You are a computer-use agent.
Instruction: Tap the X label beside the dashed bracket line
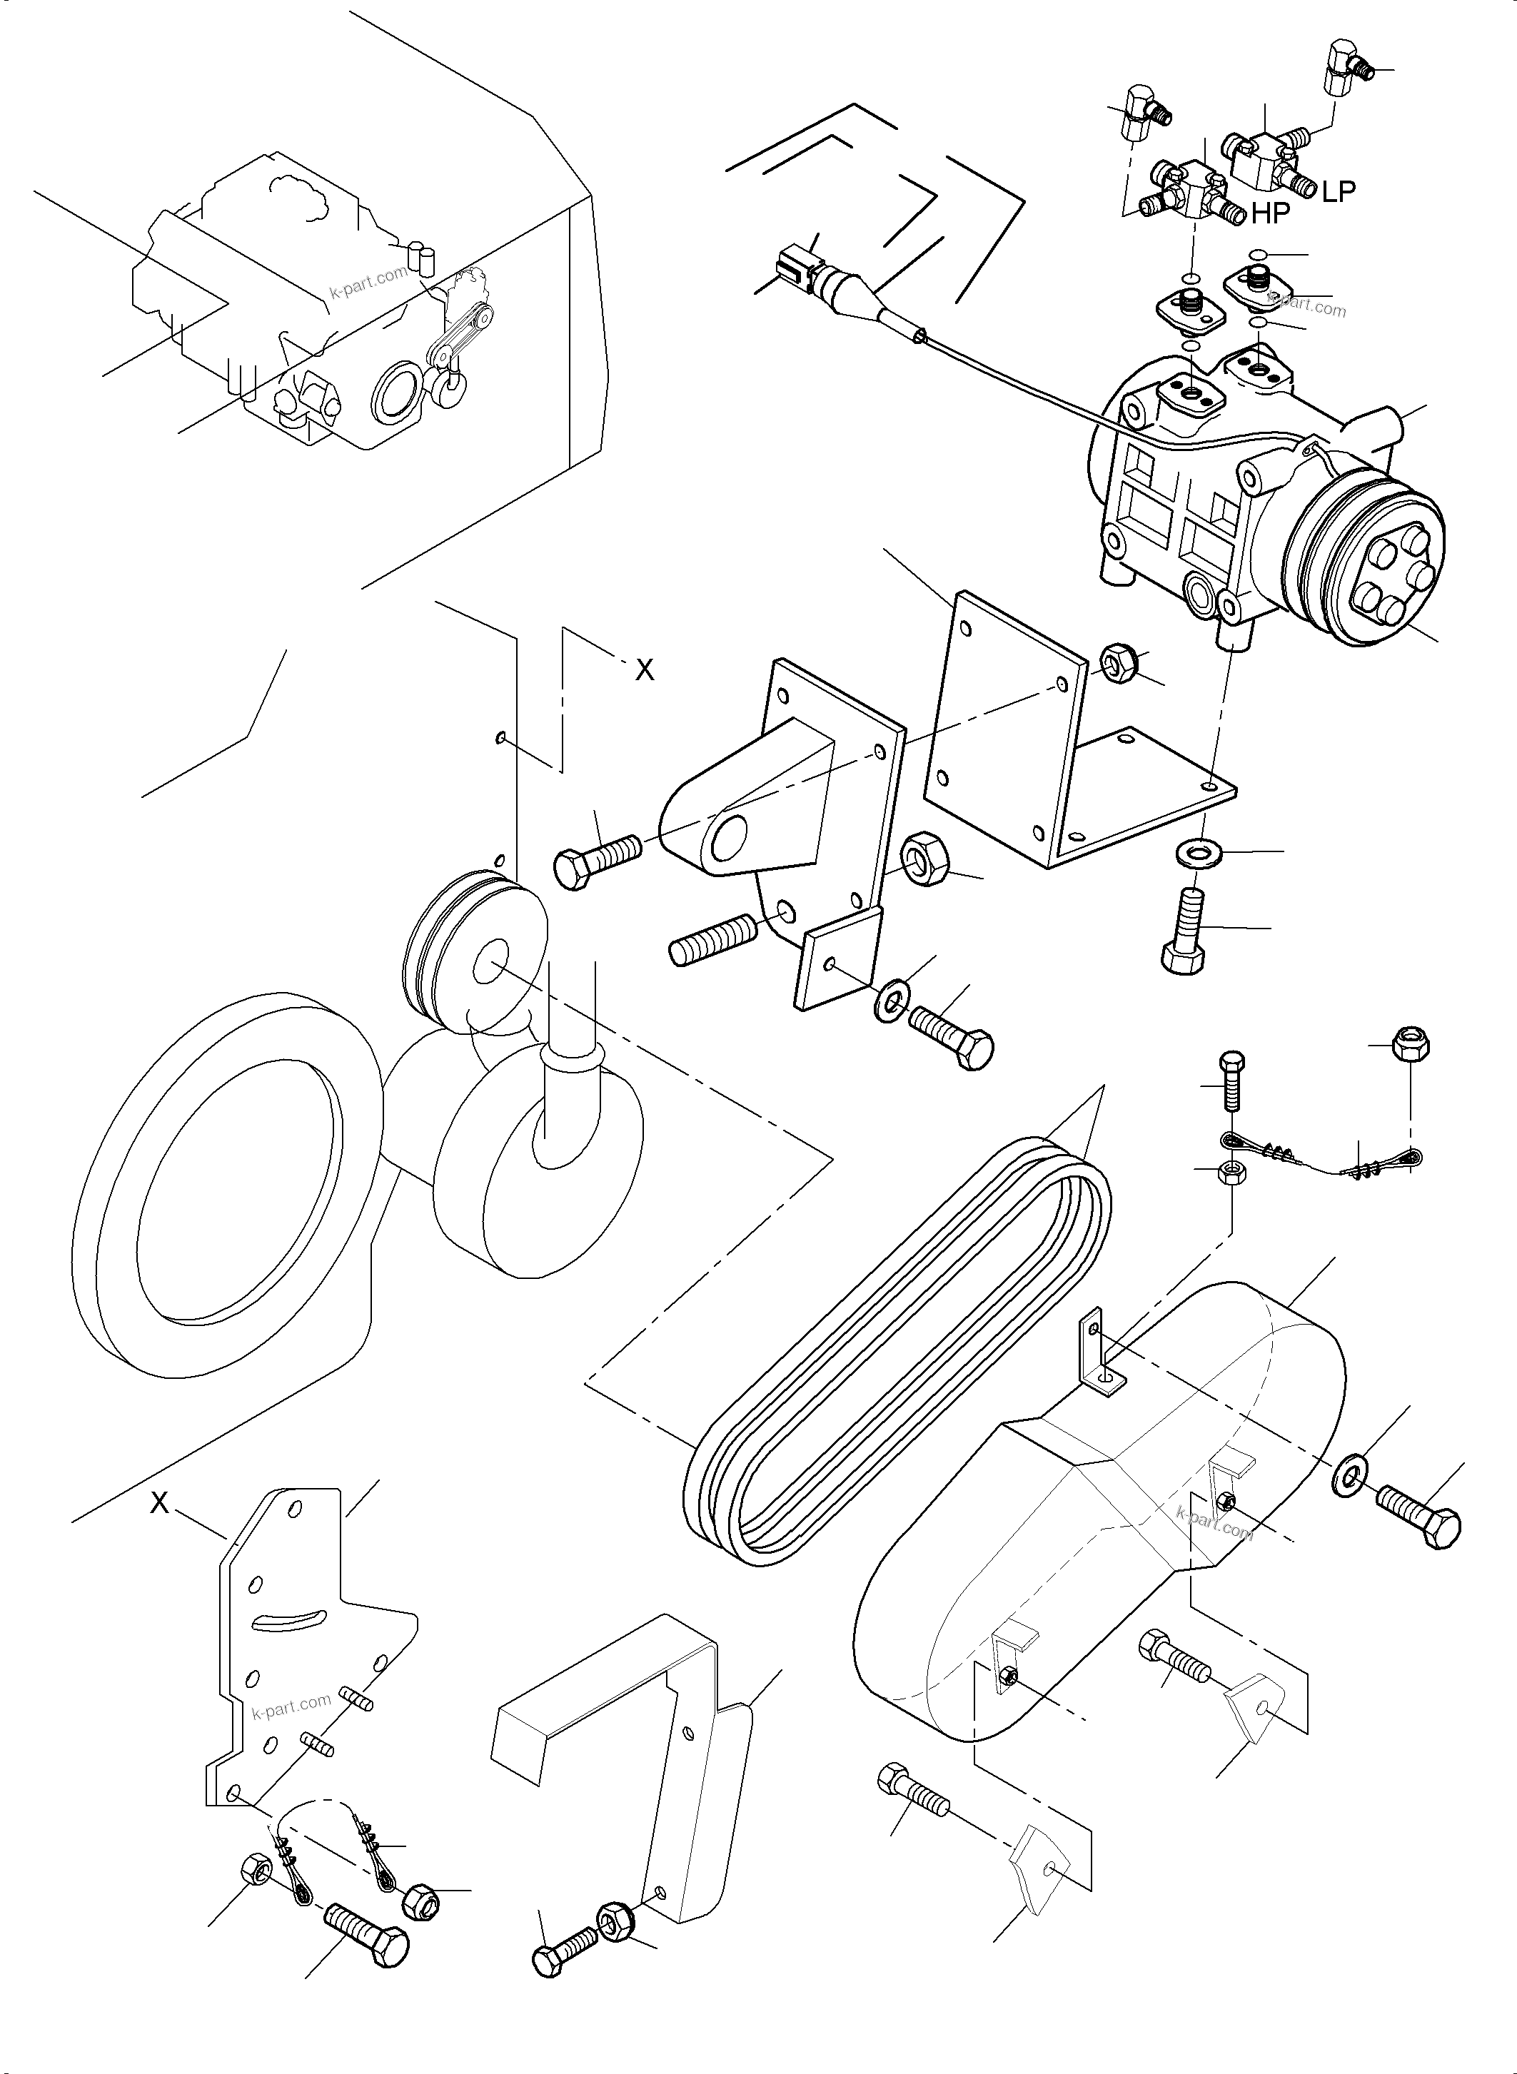coord(645,671)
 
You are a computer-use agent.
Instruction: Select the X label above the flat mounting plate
coord(160,1502)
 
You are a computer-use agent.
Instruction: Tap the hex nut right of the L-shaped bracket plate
coord(1119,661)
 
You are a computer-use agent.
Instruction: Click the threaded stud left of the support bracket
coord(712,942)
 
